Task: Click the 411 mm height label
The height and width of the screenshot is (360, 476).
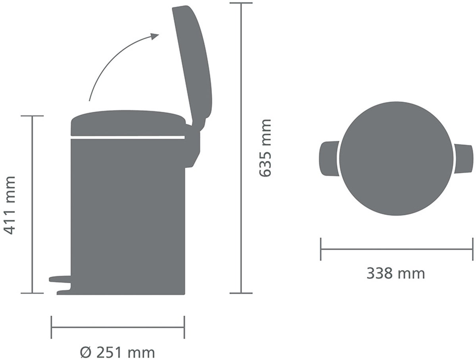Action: (10, 205)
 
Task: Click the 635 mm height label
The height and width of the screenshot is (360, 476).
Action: (265, 148)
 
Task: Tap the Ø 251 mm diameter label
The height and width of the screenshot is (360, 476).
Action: (117, 353)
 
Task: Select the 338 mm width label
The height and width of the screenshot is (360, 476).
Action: (396, 274)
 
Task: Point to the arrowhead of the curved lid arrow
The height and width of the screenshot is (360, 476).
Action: (155, 36)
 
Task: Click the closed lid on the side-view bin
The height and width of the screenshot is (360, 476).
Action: (128, 123)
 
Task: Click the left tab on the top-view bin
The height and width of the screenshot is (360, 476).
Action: (329, 159)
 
